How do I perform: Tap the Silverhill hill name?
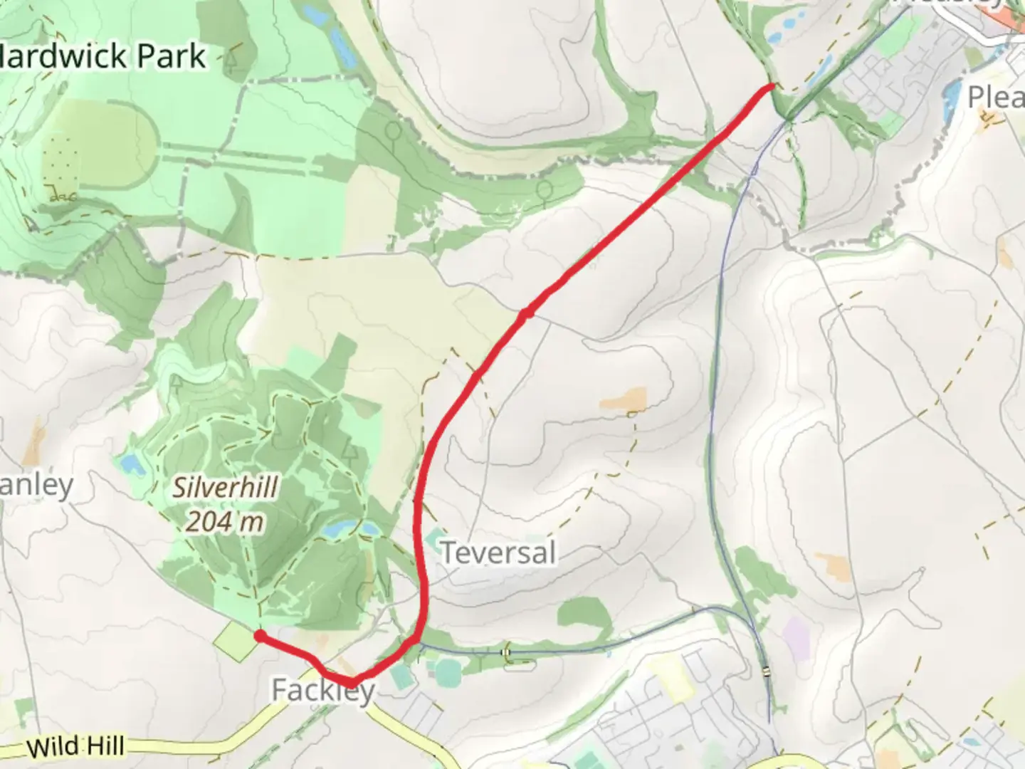[x=226, y=488]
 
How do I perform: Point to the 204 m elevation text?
[x=225, y=522]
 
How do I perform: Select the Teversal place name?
[x=498, y=553]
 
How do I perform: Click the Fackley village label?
[x=322, y=690]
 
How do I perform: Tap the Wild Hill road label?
[x=76, y=747]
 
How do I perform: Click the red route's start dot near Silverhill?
[x=261, y=636]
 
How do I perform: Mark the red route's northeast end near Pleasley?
[x=771, y=86]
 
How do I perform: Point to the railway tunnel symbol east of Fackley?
[x=506, y=652]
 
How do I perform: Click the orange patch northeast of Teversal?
[x=624, y=400]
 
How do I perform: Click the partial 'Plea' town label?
[x=996, y=97]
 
